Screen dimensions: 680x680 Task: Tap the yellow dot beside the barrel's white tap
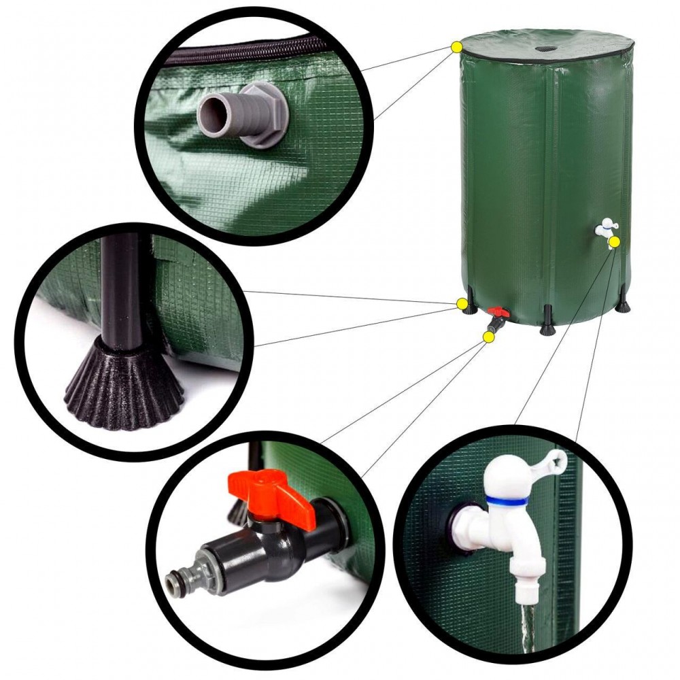(614, 242)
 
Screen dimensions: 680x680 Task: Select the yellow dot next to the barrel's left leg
(462, 303)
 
